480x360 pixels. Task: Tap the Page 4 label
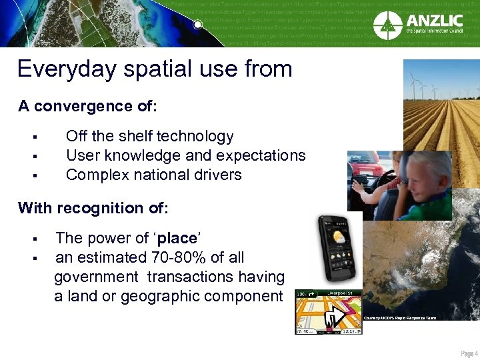(x=469, y=353)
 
